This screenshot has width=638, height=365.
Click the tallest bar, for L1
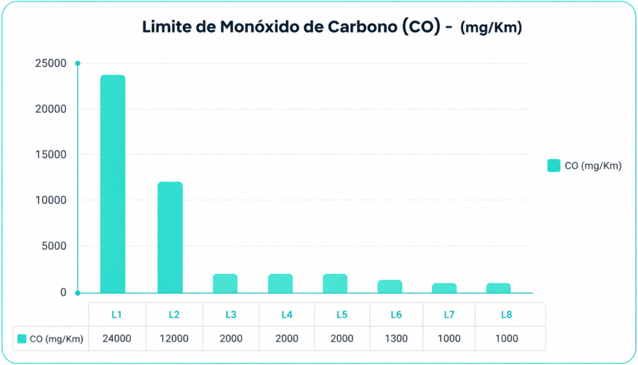[113, 183]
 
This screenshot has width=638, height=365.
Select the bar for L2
[170, 238]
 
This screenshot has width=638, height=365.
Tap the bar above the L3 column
[225, 283]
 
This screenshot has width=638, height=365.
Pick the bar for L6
[390, 286]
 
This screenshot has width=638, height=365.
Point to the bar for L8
[498, 288]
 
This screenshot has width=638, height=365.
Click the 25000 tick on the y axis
[51, 64]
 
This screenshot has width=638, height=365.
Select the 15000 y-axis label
[51, 155]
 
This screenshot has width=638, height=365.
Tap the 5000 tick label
[54, 246]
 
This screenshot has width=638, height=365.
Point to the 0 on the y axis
[63, 292]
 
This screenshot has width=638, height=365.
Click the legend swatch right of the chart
[554, 166]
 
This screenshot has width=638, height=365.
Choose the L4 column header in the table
[287, 314]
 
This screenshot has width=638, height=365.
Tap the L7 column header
[449, 314]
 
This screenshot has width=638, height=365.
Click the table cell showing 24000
[117, 339]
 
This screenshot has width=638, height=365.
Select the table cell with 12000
[174, 339]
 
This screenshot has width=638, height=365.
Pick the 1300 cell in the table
[396, 339]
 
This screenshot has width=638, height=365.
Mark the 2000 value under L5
[342, 339]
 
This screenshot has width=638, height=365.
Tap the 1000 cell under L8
[507, 339]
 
